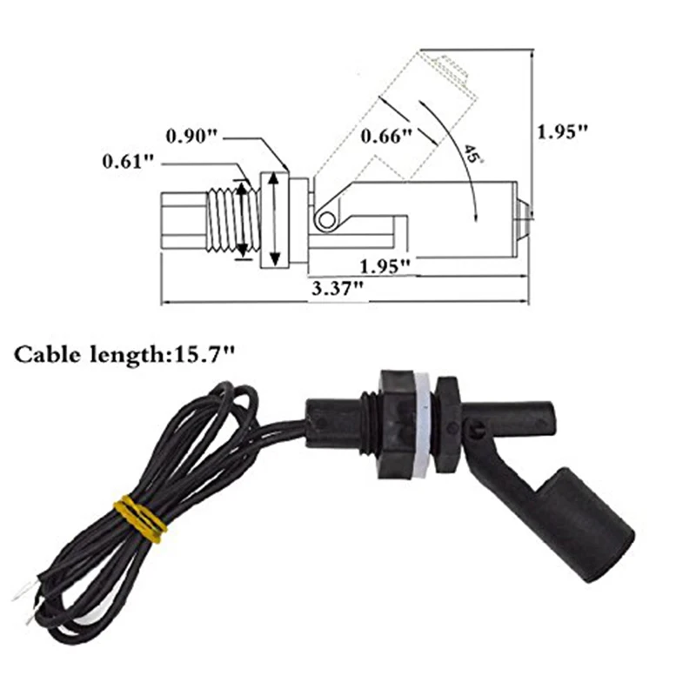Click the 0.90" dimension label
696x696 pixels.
193,137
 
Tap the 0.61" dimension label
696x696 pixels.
129,161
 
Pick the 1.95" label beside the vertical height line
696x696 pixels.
563,132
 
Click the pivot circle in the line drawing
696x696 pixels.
326,219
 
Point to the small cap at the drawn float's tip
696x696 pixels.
522,209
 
